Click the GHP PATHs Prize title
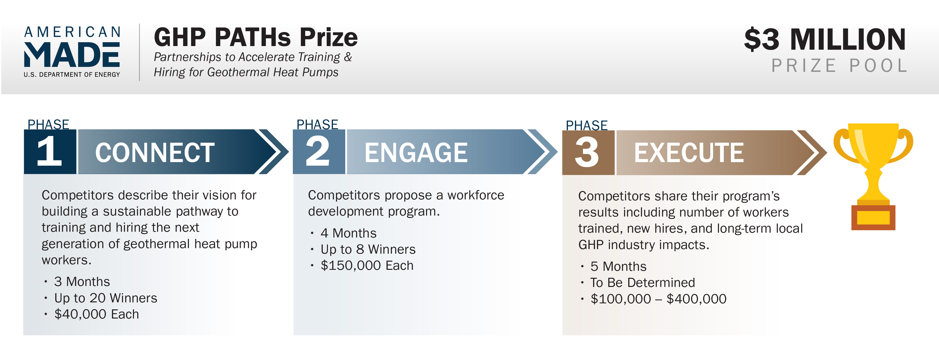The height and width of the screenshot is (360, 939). (256, 38)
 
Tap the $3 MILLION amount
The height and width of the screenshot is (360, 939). (825, 39)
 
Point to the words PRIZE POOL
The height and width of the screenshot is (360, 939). (839, 66)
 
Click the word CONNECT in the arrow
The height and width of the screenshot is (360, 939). (155, 153)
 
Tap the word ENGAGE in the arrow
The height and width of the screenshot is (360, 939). (416, 153)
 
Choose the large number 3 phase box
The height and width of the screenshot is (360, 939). (588, 152)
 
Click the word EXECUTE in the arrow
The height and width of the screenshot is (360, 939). (689, 153)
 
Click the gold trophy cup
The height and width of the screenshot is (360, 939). (873, 162)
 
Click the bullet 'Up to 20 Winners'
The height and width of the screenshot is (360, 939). (106, 298)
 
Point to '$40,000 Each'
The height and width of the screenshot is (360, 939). (97, 314)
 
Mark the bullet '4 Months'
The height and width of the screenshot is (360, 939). (348, 233)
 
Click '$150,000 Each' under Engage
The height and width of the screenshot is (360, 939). (367, 265)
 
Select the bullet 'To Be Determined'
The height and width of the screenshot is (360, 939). (643, 283)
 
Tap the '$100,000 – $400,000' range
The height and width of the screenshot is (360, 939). (658, 299)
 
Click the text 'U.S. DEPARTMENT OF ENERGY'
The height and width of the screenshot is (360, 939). (72, 75)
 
